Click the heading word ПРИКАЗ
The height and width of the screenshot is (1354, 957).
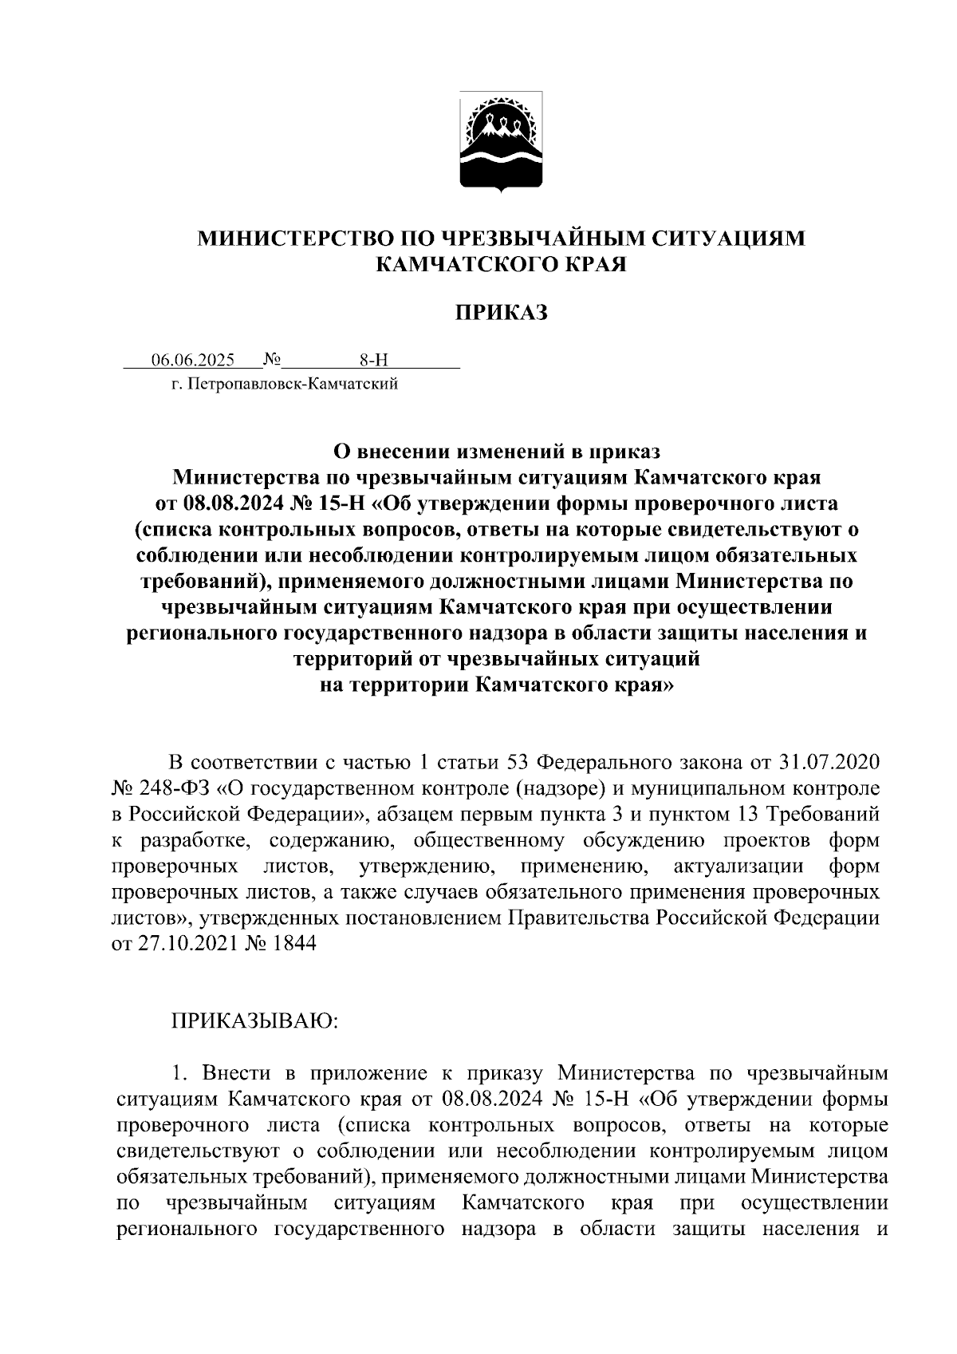coord(502,313)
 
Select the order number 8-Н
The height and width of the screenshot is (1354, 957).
coord(372,360)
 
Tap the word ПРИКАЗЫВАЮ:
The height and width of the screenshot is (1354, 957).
coord(254,1020)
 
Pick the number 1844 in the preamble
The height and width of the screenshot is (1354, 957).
coord(293,943)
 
